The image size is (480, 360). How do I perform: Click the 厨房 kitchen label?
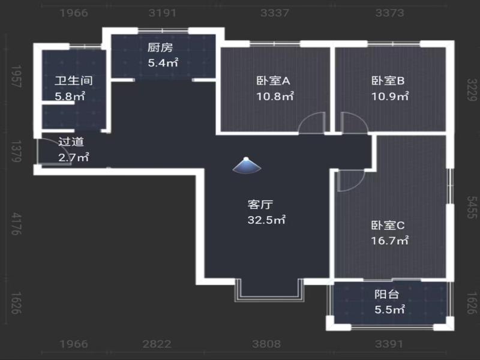160,47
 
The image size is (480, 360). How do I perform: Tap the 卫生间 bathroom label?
73,81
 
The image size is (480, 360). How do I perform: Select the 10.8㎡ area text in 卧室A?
275,97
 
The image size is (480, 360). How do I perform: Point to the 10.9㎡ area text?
389,97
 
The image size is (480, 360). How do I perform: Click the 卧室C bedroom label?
388,226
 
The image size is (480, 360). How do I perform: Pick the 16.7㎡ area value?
389,241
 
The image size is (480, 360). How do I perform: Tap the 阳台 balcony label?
387,294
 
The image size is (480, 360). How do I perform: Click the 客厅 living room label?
260,205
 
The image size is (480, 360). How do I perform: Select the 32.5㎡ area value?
266,220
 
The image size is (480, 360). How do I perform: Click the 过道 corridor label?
71,142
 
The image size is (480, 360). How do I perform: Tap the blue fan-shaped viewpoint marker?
247,166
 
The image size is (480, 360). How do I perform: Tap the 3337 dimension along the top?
275,13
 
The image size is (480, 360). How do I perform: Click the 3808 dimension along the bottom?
266,344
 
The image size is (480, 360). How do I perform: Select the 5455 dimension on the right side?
472,208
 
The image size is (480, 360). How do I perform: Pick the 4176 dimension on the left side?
16,224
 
